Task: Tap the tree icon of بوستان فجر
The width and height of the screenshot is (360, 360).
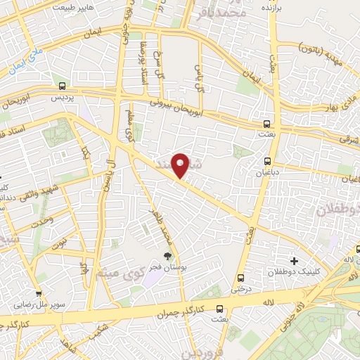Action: [167, 256]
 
